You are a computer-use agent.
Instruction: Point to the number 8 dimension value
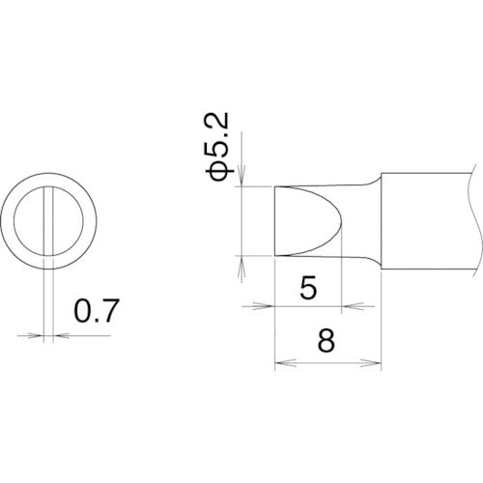tap(327, 341)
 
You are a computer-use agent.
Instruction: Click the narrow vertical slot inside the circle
tap(46, 219)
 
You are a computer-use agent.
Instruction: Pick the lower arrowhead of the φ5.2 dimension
tap(242, 262)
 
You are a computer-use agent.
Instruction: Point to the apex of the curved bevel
tap(341, 220)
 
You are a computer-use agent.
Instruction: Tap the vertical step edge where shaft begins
tap(381, 220)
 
